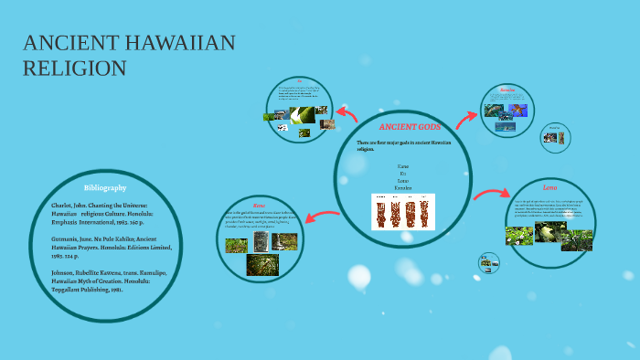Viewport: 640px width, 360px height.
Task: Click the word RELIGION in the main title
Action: coord(75,69)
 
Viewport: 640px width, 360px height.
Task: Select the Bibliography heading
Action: coord(105,187)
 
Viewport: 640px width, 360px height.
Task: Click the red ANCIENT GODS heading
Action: coord(403,126)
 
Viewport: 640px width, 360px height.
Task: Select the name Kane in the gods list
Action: coord(403,166)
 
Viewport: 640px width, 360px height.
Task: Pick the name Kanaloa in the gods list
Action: coord(403,188)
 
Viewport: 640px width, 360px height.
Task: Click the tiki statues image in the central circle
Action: coord(403,211)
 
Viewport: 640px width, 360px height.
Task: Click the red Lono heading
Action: coord(549,187)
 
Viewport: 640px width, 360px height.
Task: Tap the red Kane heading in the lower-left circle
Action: coord(259,206)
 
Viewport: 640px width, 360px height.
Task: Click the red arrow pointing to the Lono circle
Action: coord(492,193)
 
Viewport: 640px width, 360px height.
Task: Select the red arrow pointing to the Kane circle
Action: coord(322,217)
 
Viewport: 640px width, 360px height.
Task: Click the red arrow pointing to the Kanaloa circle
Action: coord(466,115)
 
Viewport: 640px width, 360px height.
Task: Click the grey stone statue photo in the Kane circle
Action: coord(261,241)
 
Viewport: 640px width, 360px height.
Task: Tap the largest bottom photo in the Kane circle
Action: coord(262,265)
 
